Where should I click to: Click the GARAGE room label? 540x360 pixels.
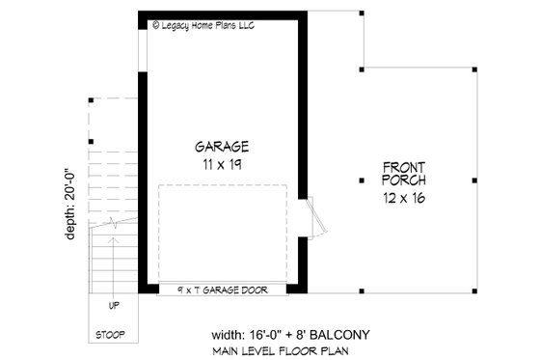click(x=223, y=147)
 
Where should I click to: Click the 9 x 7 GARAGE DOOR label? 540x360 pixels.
click(x=223, y=289)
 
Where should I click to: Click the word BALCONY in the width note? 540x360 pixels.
click(x=342, y=334)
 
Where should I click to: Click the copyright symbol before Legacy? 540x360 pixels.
click(x=156, y=24)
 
